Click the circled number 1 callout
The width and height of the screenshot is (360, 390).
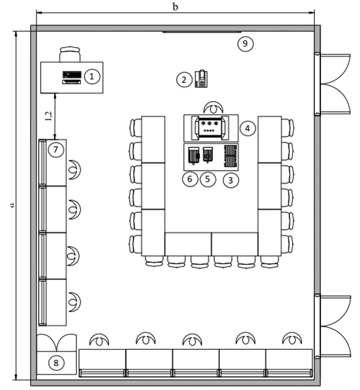(92, 76)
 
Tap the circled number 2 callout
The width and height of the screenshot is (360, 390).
(184, 80)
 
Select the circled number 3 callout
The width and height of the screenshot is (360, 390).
(231, 180)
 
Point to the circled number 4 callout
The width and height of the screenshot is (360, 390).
(247, 128)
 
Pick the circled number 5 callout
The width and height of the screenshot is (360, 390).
(208, 179)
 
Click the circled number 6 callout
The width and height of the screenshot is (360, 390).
(190, 179)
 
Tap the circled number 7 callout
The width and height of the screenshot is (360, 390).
(56, 150)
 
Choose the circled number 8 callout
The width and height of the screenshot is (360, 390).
(56, 363)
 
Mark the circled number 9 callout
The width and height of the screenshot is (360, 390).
(245, 44)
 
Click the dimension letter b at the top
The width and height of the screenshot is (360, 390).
(176, 7)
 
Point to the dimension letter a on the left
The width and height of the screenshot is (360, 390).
(12, 205)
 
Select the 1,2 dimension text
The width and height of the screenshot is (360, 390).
(49, 116)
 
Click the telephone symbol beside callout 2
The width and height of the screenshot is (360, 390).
(201, 79)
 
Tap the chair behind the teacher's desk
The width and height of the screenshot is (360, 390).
(70, 54)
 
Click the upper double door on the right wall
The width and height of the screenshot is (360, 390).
(333, 84)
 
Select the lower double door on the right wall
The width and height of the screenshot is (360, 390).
(333, 326)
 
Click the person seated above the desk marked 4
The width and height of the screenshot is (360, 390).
(213, 107)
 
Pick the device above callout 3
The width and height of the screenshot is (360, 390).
(231, 156)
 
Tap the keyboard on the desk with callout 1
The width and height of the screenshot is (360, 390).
(72, 81)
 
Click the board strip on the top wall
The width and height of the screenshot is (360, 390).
(202, 32)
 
